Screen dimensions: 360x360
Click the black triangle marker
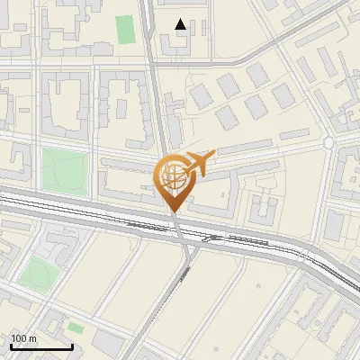coord(181,24)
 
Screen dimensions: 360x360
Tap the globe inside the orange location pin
coord(173,174)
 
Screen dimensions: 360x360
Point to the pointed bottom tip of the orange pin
coord(173,211)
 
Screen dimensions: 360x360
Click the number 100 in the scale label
coord(20,338)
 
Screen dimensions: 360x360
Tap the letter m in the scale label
coord(33,338)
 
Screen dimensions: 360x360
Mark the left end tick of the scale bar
coord(10,346)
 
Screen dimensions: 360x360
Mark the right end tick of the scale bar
coord(72,346)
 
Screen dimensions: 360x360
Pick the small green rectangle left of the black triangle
coord(125,29)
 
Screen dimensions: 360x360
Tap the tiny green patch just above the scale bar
coord(76,328)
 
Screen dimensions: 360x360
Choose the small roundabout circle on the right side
coord(328,143)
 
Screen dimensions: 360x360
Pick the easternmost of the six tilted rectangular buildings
coord(283,94)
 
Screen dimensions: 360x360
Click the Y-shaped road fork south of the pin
coord(184,247)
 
